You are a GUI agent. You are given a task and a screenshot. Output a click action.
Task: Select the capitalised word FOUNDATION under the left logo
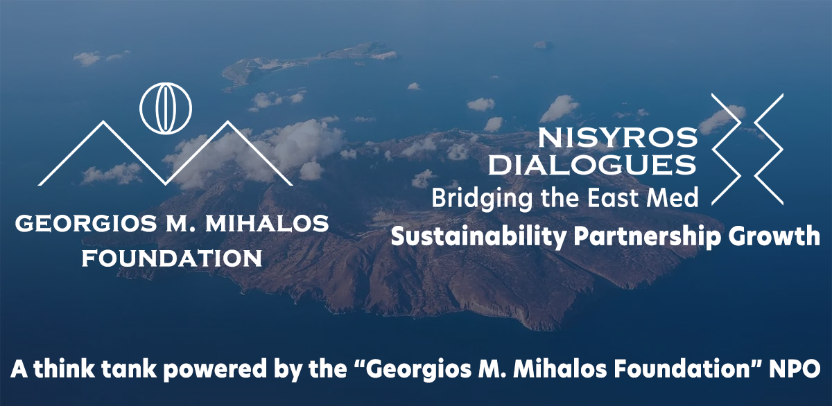[x=172, y=258]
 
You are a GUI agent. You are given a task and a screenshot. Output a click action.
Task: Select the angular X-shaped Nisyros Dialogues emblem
[x=747, y=149]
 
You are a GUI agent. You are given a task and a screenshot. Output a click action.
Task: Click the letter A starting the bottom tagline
[x=19, y=368]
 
